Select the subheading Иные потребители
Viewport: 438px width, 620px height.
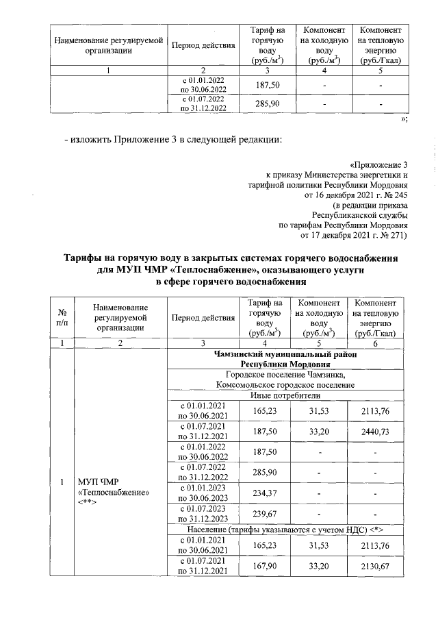click(287, 396)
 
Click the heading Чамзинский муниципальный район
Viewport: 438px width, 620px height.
click(287, 354)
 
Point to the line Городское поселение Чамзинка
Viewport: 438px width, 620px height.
click(287, 374)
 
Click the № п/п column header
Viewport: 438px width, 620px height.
click(62, 317)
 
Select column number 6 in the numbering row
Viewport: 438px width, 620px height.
click(376, 343)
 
